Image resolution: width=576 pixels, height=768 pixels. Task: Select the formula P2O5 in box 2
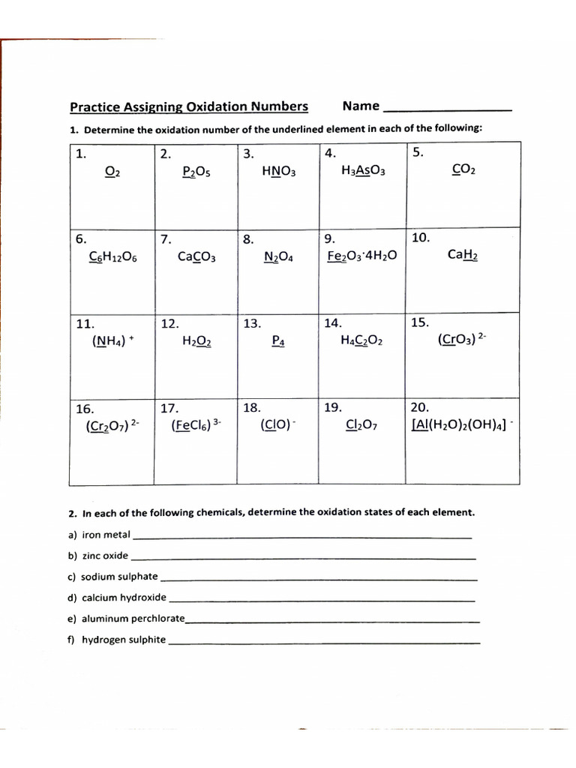coord(196,172)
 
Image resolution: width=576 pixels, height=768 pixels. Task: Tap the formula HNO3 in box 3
coord(279,172)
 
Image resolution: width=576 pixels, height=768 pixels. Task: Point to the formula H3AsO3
coord(362,171)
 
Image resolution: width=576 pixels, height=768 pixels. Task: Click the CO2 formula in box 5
coord(463,169)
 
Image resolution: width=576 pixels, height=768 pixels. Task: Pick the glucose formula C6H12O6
coord(112,256)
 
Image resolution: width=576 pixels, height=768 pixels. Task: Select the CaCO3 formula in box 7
coord(196,256)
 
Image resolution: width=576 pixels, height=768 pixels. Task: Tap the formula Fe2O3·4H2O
coord(362,256)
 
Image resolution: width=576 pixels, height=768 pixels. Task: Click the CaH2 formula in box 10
coord(463,255)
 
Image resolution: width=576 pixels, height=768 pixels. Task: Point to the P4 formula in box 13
coord(278,341)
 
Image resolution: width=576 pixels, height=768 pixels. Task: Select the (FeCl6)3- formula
coord(196,426)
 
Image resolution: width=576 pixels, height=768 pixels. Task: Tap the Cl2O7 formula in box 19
coord(361,426)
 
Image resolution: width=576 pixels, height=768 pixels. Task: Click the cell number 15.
coord(420,322)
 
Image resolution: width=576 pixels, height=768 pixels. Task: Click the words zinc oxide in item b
coord(105,556)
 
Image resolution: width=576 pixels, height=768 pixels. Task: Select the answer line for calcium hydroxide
coord(322,600)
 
